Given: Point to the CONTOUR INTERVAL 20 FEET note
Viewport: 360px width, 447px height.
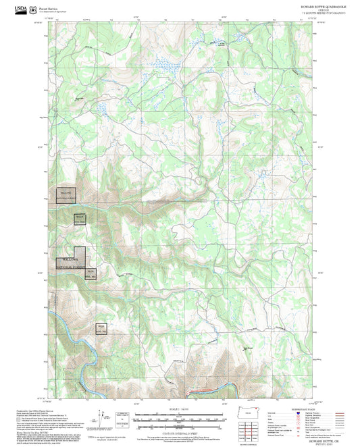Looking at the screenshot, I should click(x=180, y=430).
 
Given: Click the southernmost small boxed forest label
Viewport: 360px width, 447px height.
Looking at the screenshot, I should click(x=102, y=330).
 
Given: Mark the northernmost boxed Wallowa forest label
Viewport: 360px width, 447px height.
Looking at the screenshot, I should click(x=66, y=194).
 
